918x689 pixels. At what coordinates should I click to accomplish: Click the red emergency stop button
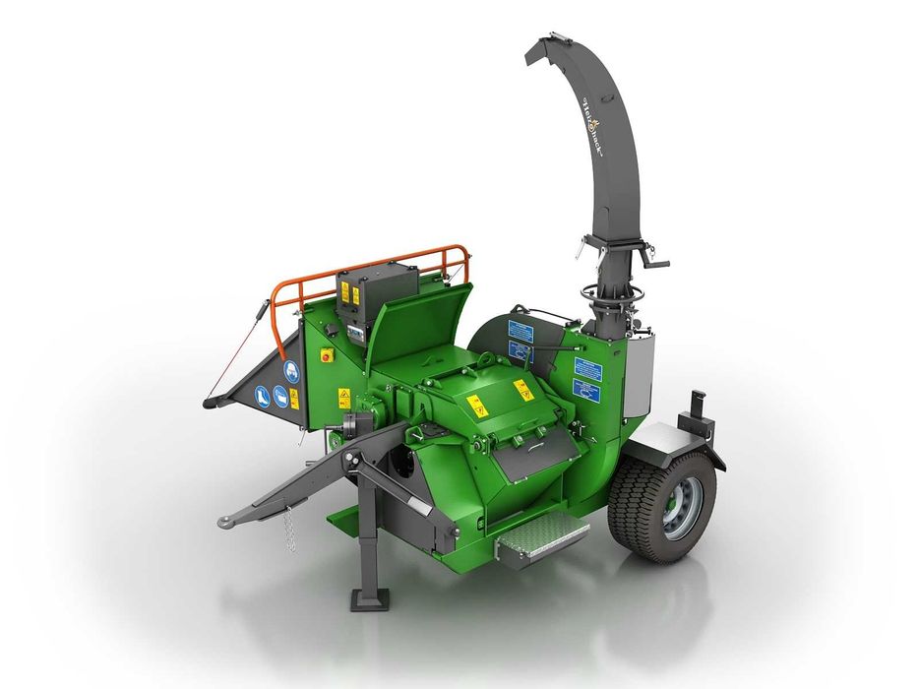[x=328, y=355]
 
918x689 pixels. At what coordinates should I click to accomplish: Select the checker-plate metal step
[x=541, y=538]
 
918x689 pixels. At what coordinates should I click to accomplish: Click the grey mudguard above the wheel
[x=672, y=442]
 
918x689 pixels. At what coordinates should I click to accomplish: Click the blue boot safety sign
[x=261, y=397]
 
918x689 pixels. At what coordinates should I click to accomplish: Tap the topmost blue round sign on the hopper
[x=292, y=371]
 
